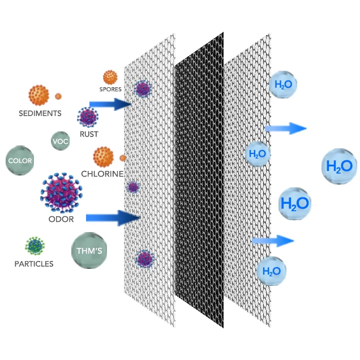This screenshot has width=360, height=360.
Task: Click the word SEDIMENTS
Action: pyautogui.click(x=40, y=113)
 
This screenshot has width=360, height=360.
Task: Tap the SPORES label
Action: pyautogui.click(x=110, y=89)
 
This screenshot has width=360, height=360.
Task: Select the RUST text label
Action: pyautogui.click(x=89, y=134)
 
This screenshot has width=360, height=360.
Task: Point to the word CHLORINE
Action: pyautogui.click(x=102, y=174)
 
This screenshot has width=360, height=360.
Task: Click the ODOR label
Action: pyautogui.click(x=61, y=219)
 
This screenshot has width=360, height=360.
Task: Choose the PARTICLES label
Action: pyautogui.click(x=34, y=264)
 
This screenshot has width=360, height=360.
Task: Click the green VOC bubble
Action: pyautogui.click(x=60, y=141)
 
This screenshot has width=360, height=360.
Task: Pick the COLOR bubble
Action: pyautogui.click(x=19, y=161)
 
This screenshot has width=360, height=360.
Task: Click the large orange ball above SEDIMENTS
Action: pyautogui.click(x=38, y=95)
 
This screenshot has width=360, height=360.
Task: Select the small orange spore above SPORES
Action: pyautogui.click(x=110, y=77)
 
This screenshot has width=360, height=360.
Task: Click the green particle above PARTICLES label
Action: pyautogui.click(x=35, y=246)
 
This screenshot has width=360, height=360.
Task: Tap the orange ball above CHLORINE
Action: pyautogui.click(x=103, y=156)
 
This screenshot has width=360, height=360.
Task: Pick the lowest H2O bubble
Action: pyautogui.click(x=271, y=271)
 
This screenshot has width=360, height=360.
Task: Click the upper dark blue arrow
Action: pyautogui.click(x=110, y=104)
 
